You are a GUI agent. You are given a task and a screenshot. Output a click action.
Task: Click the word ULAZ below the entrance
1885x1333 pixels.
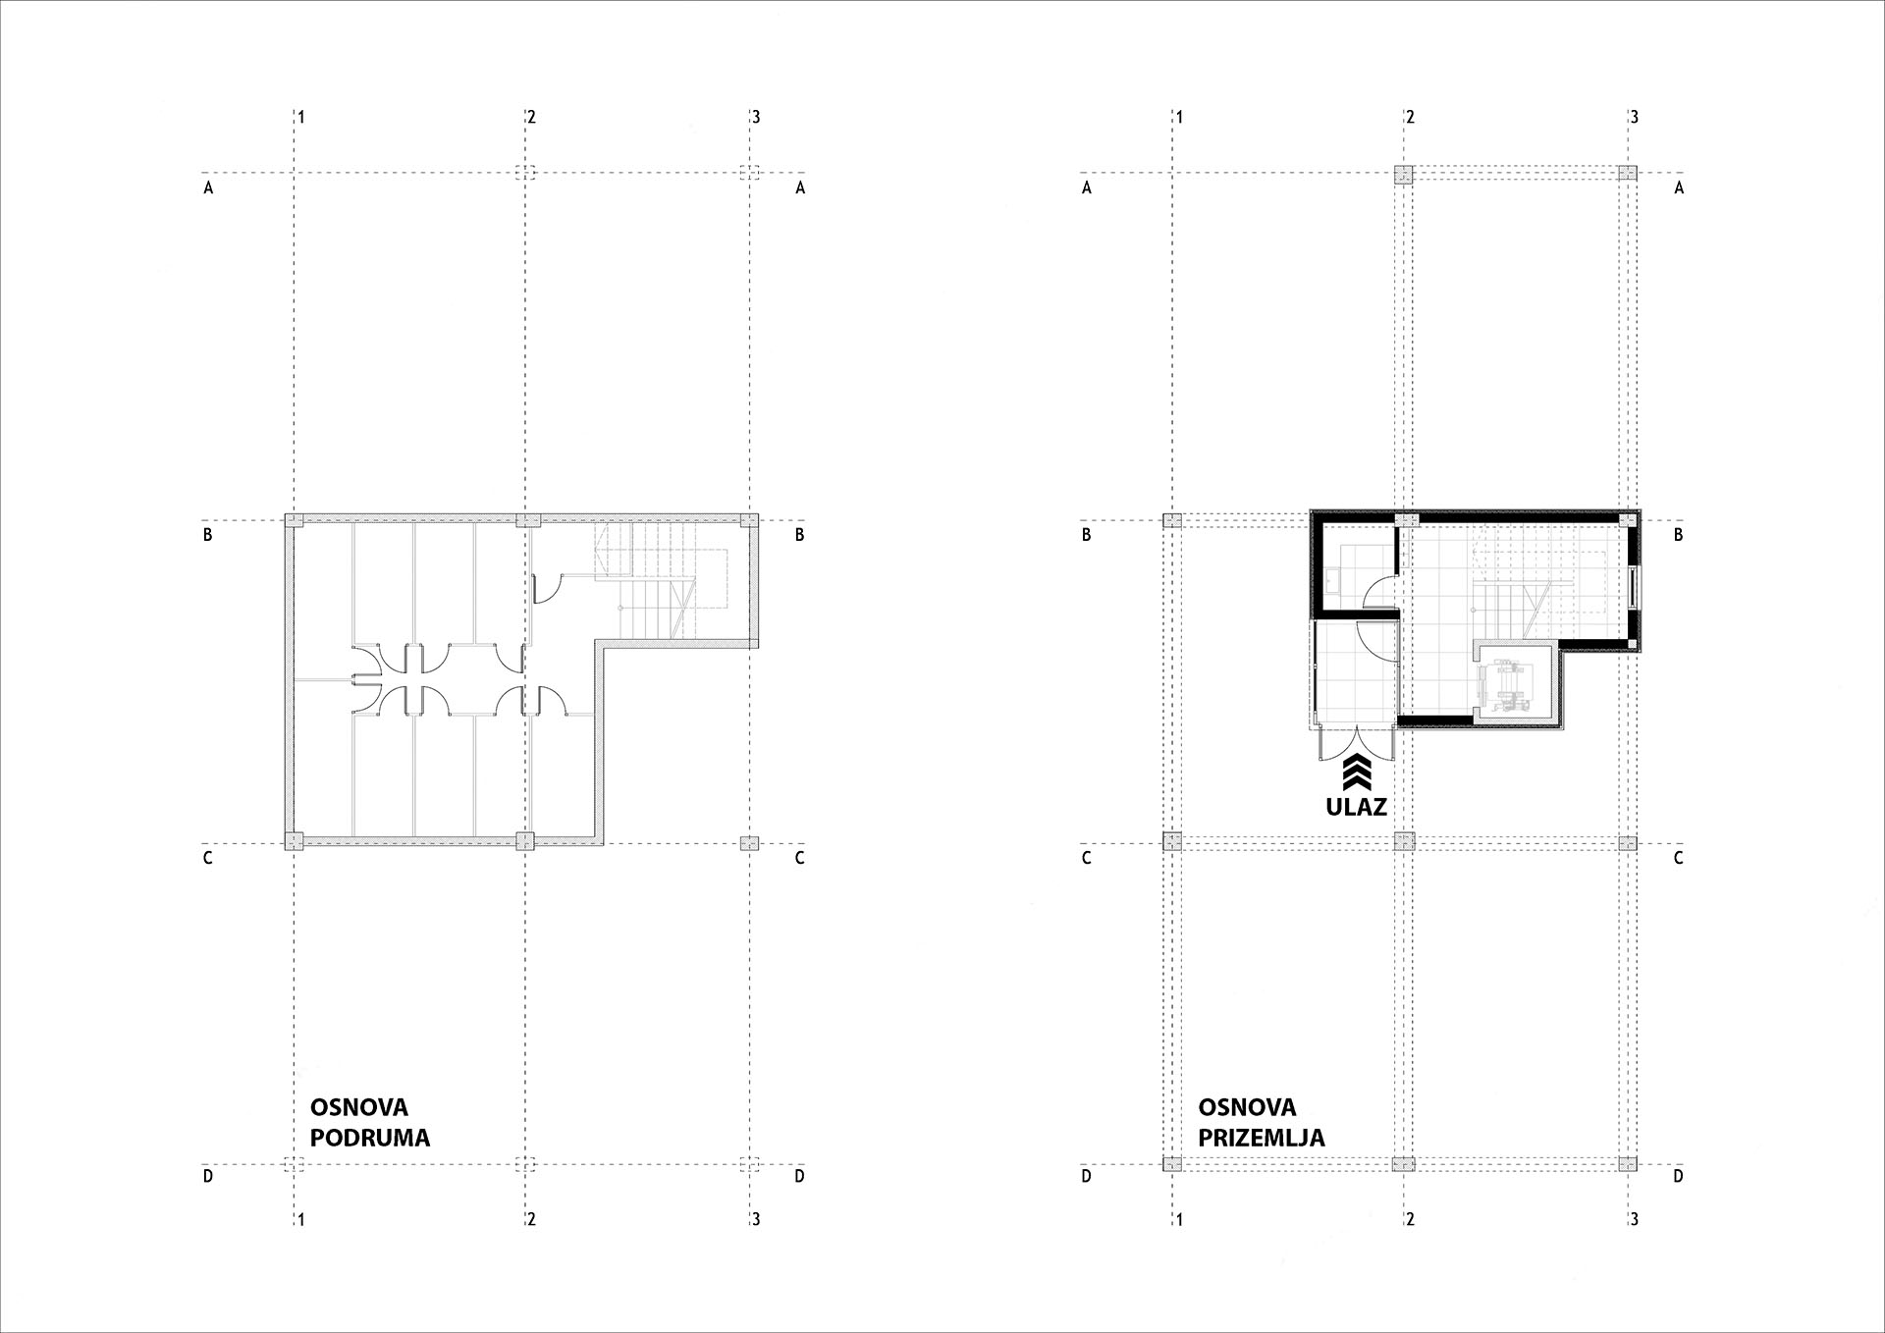coord(1357,807)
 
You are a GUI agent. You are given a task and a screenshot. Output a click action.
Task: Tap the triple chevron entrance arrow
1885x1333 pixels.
coord(1357,773)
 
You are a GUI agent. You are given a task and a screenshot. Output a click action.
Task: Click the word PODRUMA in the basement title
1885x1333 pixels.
coord(370,1138)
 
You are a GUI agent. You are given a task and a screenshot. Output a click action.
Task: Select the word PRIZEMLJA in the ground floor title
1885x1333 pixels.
coord(1262,1138)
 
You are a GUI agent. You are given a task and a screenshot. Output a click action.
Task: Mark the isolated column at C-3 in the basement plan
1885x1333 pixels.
coord(749,843)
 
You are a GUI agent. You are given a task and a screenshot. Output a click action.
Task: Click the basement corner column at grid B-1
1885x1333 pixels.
coord(294,521)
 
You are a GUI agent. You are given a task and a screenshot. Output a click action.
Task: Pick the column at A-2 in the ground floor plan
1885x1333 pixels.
coord(1404,174)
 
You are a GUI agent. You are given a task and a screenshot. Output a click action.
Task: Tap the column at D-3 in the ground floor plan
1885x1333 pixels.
coord(1628,1164)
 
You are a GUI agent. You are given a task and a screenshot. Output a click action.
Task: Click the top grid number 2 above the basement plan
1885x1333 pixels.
coord(532,117)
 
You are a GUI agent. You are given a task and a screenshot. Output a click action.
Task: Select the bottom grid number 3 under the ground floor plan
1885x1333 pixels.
coord(1635,1219)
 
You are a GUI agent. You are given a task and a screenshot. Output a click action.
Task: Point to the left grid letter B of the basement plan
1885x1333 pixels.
coord(208,535)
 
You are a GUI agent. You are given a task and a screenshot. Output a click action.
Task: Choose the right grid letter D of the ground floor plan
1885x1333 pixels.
coord(1679,1175)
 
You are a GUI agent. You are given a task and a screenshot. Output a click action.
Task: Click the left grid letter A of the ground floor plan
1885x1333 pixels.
coord(1087,187)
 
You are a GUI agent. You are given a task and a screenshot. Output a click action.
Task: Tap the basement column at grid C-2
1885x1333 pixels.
coord(525,841)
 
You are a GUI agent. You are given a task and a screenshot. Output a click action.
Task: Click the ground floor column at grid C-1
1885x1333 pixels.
coord(1171,841)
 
